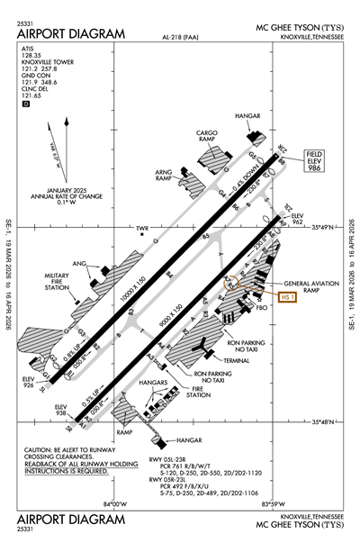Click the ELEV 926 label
(x=29, y=384)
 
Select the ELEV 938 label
(x=61, y=411)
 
